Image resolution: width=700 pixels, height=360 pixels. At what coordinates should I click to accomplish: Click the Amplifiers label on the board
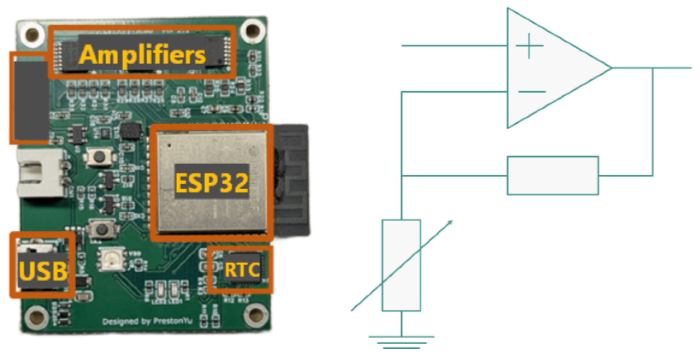[x=142, y=55]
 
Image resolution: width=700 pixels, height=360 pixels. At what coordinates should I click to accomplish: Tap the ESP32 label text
[x=212, y=182]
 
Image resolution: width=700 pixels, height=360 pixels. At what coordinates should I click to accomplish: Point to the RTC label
[x=242, y=270]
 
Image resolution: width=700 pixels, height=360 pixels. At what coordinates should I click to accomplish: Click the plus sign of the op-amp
[x=529, y=46]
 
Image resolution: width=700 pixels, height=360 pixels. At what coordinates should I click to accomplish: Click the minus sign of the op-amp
[x=532, y=92]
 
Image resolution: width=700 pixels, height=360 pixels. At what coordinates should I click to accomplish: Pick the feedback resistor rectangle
[x=553, y=176]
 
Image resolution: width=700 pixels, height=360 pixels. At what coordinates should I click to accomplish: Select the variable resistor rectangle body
[x=401, y=265]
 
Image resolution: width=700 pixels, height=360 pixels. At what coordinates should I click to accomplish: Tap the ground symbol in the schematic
[x=401, y=342]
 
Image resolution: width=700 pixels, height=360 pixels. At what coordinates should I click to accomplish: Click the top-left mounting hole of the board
[x=32, y=34]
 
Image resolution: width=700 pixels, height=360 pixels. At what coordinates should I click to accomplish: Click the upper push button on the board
[x=99, y=157]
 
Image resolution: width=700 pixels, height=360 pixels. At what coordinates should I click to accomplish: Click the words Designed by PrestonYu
[x=147, y=321]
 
